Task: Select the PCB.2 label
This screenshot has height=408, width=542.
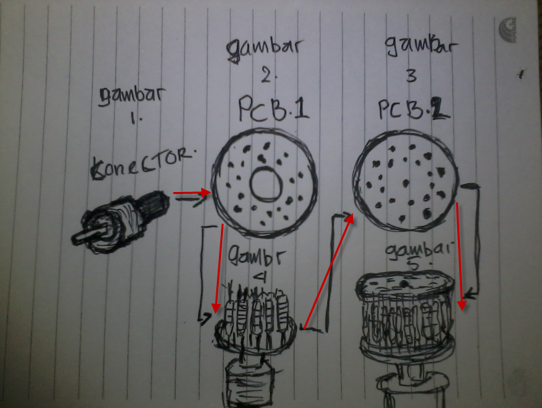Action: point(410,110)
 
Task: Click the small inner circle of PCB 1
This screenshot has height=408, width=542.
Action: point(266,183)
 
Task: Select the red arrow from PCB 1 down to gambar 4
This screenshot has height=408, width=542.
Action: point(218,267)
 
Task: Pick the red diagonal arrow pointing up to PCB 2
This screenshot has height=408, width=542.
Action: point(328,270)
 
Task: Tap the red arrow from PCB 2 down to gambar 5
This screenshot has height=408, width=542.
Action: point(460,257)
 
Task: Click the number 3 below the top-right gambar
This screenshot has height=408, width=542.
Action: point(411,77)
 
